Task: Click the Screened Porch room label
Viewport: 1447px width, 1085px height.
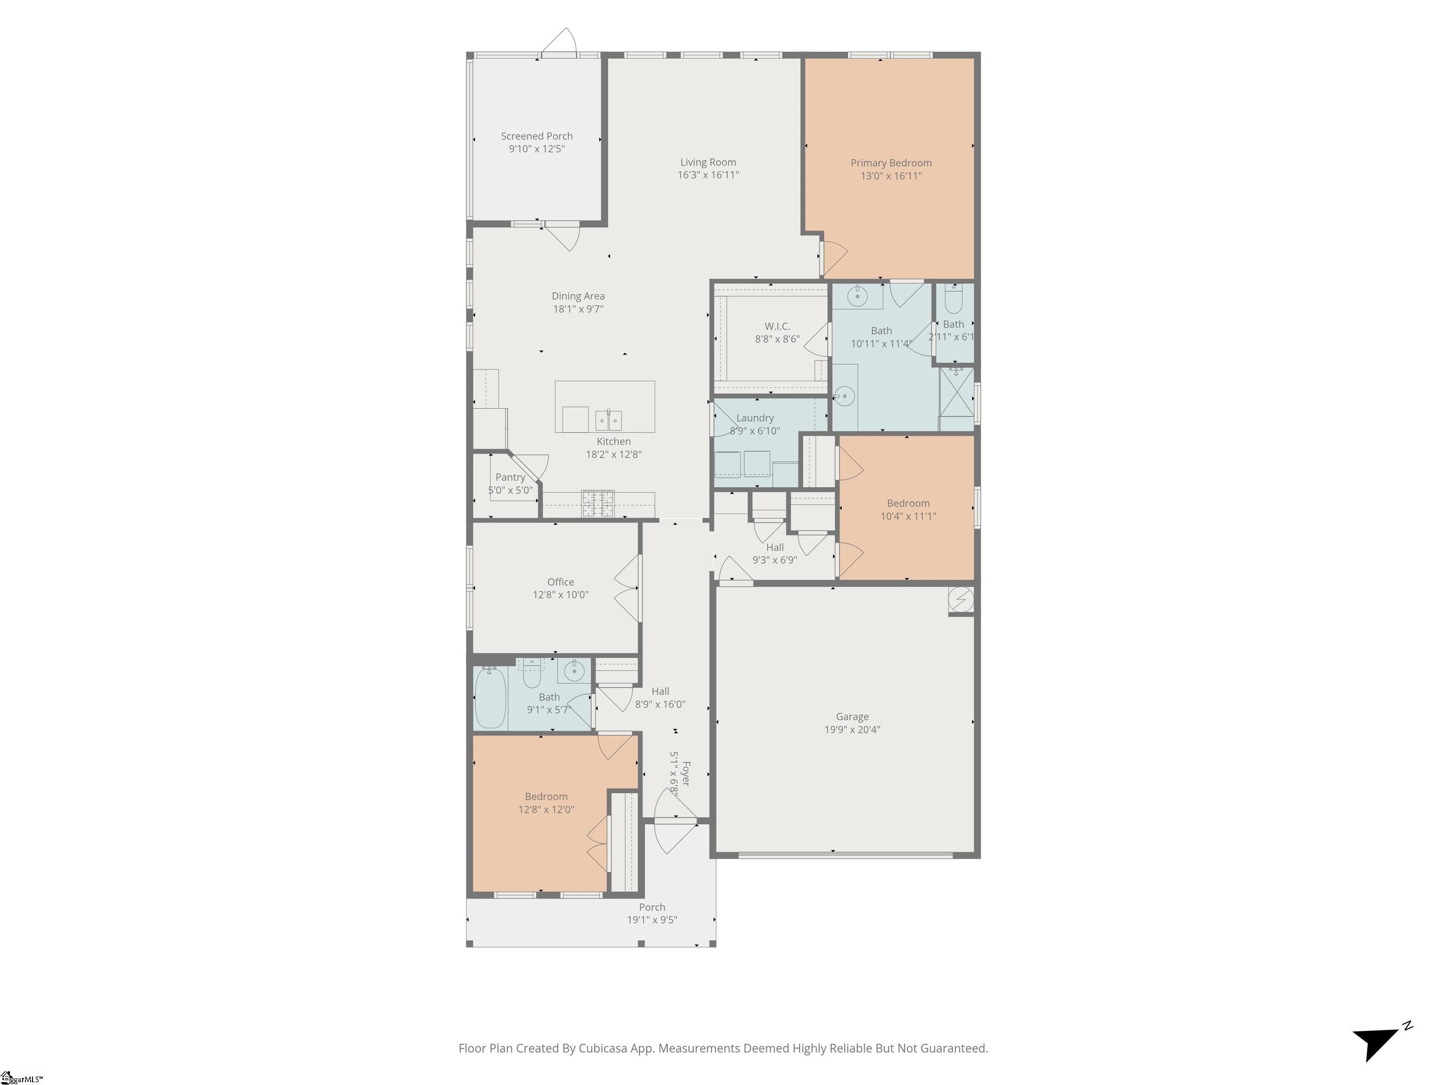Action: click(537, 136)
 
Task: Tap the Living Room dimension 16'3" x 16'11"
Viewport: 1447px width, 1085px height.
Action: click(708, 175)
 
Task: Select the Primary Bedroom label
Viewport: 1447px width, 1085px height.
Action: click(891, 163)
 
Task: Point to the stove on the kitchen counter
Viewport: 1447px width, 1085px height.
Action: click(598, 503)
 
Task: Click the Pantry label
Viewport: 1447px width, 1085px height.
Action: click(510, 478)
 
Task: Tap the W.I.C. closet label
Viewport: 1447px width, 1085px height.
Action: click(777, 326)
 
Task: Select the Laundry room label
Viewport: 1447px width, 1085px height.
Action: click(755, 418)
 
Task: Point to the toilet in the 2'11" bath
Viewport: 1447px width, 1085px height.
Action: click(954, 301)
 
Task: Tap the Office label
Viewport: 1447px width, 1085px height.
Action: click(561, 582)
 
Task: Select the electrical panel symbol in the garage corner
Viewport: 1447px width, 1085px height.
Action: click(960, 599)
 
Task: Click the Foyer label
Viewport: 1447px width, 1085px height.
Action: click(685, 773)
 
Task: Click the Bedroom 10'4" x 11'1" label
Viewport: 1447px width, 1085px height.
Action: click(908, 503)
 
